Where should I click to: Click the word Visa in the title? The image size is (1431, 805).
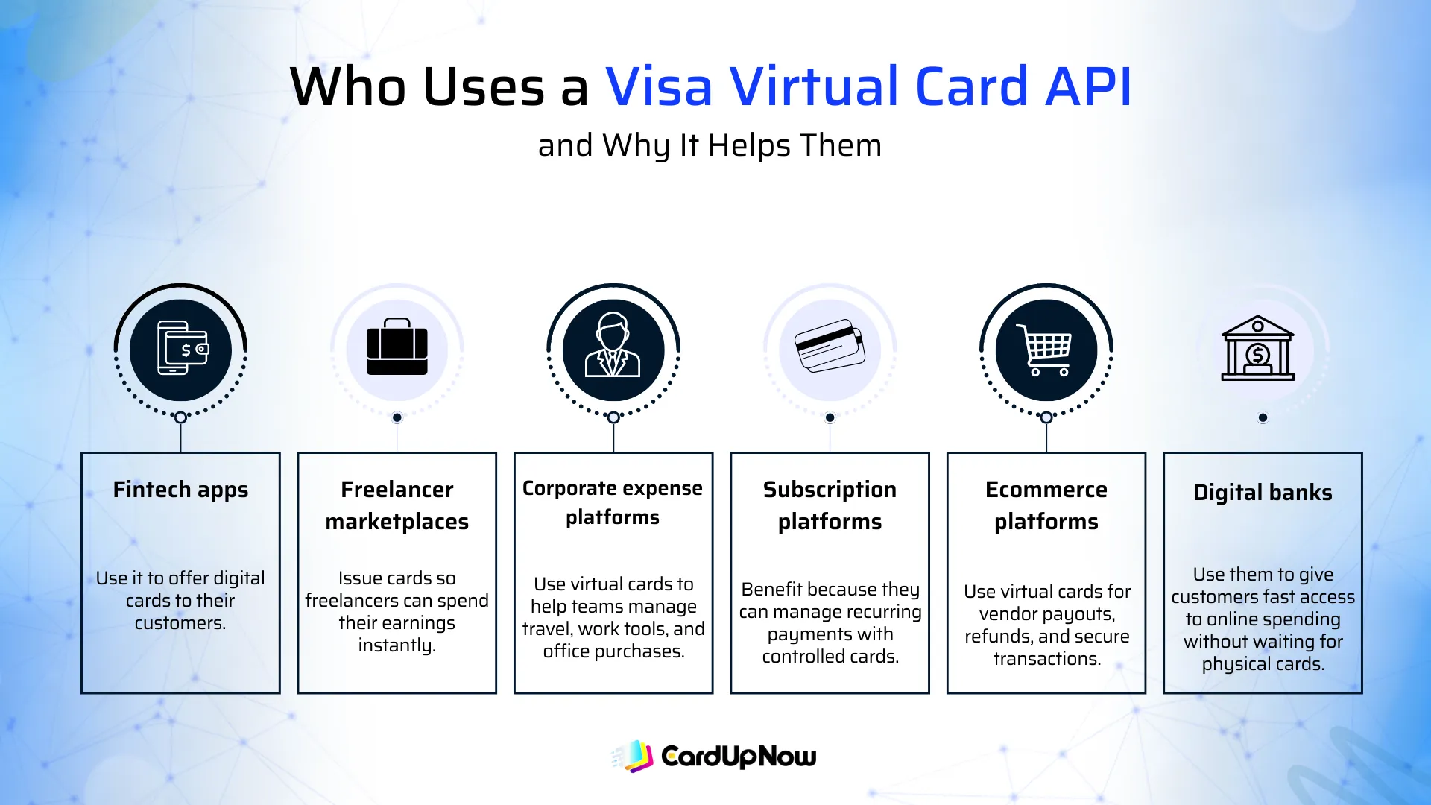click(x=659, y=87)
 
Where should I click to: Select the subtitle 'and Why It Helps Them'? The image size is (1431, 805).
click(x=710, y=145)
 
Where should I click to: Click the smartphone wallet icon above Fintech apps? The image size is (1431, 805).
click(x=181, y=349)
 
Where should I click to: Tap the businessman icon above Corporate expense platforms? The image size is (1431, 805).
click(x=613, y=347)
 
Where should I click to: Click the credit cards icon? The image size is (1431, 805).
click(x=830, y=347)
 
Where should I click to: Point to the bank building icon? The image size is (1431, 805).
click(x=1257, y=348)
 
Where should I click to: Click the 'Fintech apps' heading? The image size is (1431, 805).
click(x=180, y=490)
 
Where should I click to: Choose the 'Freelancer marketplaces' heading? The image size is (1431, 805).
click(x=397, y=505)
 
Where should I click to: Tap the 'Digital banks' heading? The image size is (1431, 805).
click(x=1263, y=493)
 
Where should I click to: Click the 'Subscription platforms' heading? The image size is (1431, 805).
click(x=830, y=505)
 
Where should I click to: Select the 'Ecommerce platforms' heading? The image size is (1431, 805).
click(x=1046, y=505)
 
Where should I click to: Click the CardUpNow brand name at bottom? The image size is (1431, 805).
click(x=739, y=757)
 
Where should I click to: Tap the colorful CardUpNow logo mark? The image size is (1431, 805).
click(x=634, y=756)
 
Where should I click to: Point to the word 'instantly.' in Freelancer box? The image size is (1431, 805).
click(x=397, y=645)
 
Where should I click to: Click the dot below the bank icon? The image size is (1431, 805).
click(x=1263, y=417)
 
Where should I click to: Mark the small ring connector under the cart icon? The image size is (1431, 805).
click(x=1046, y=417)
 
